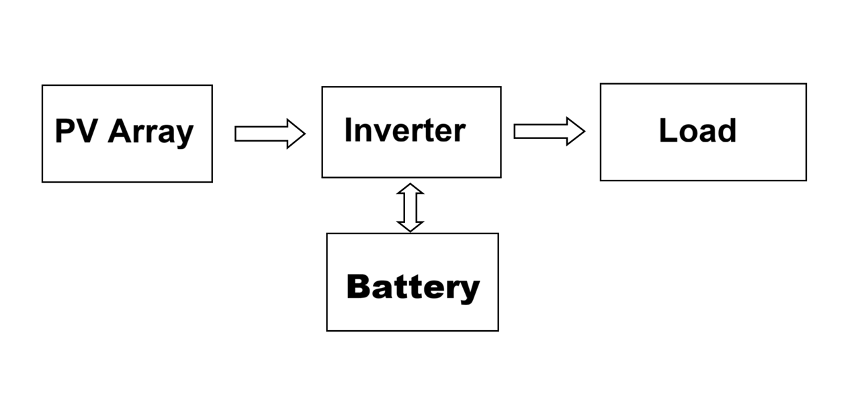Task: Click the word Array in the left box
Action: (150, 132)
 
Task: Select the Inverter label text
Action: (404, 130)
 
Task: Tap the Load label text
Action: (697, 131)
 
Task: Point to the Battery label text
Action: (413, 287)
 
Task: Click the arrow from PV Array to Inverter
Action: (269, 134)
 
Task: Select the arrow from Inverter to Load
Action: (548, 131)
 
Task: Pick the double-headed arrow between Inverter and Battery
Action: (410, 207)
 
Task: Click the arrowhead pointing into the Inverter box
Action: (296, 134)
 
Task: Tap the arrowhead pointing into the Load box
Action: (576, 131)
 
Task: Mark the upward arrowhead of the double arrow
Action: (410, 189)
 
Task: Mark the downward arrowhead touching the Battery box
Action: (410, 226)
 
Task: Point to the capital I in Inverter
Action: (349, 130)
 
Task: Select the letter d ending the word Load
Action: (728, 131)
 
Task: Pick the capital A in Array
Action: (120, 132)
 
